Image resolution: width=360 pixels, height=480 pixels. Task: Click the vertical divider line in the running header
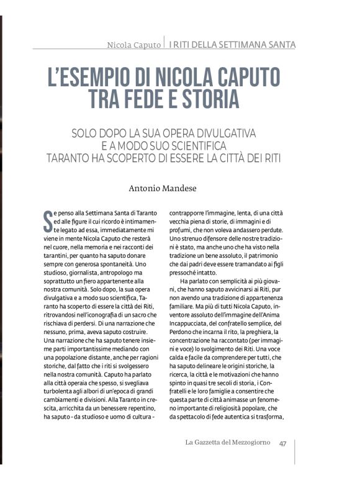click(x=164, y=43)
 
